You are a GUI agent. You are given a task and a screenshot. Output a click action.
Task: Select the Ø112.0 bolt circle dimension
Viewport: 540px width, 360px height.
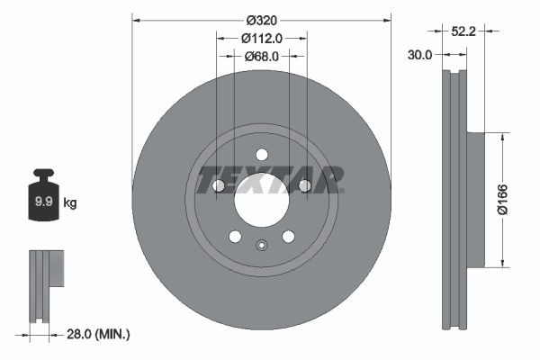click(262, 38)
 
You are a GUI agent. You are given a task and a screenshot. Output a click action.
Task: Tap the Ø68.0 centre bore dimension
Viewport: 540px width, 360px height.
click(262, 56)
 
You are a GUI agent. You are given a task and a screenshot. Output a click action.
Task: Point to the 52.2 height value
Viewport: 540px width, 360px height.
click(463, 31)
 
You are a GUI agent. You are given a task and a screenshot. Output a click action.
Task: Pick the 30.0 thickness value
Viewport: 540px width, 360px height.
click(420, 54)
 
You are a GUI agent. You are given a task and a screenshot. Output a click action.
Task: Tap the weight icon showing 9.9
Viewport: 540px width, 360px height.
click(43, 199)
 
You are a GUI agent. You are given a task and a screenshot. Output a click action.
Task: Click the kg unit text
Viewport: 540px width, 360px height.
click(70, 203)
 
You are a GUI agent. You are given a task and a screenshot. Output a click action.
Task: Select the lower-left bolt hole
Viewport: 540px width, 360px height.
click(235, 237)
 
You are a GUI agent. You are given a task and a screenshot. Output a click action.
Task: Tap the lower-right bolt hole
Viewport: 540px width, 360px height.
click(289, 237)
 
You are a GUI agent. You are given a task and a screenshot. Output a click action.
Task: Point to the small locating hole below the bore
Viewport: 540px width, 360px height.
click(262, 246)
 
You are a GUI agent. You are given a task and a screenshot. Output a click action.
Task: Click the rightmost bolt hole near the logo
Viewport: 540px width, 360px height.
click(305, 185)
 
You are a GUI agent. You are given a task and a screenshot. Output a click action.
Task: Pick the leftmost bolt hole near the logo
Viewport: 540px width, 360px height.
click(219, 185)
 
